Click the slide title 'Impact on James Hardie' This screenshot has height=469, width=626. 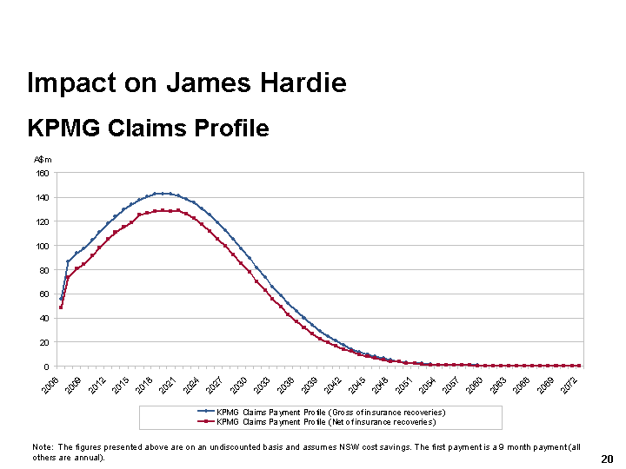coord(187,83)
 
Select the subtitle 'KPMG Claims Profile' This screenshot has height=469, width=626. coord(148,129)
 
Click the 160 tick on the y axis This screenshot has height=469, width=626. coord(42,173)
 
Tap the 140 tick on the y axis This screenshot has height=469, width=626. coord(42,197)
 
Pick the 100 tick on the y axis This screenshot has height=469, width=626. coord(42,246)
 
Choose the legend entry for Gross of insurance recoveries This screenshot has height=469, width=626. coord(330,412)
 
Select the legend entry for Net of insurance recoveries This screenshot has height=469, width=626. coord(326,422)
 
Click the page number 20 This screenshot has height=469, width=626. coord(608,459)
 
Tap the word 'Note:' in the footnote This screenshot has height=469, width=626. coord(43,446)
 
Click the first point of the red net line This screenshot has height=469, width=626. coord(61,307)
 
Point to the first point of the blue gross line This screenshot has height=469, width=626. coord(61,299)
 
